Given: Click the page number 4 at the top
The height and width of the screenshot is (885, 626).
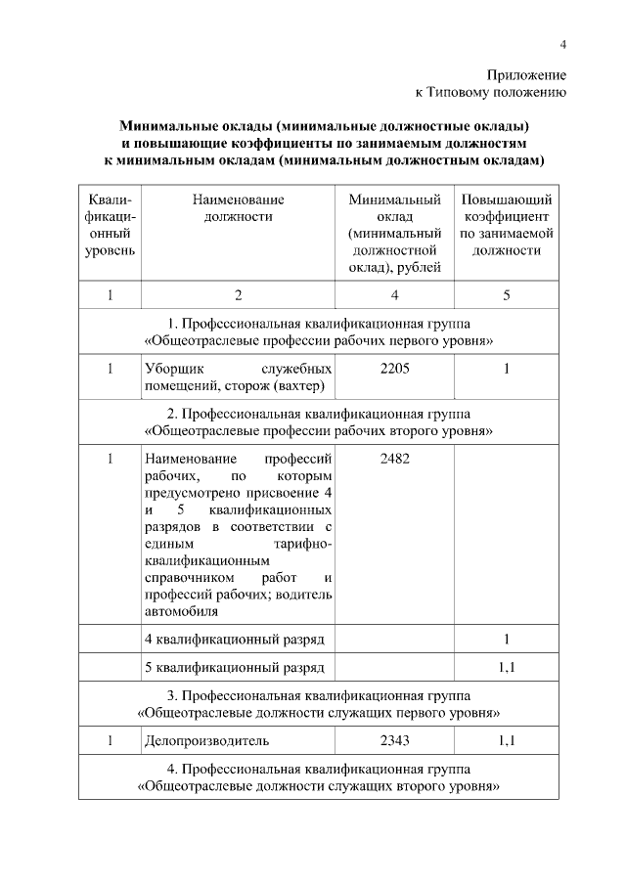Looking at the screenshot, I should pyautogui.click(x=562, y=43).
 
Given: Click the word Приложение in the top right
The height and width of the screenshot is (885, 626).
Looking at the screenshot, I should pyautogui.click(x=526, y=75).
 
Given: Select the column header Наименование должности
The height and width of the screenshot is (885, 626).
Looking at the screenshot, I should pyautogui.click(x=238, y=208).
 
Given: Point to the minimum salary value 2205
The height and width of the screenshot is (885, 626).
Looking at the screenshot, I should pyautogui.click(x=394, y=369).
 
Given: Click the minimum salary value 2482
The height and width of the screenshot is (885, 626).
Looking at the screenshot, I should pyautogui.click(x=394, y=459).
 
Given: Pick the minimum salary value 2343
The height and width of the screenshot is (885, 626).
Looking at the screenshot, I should pyautogui.click(x=394, y=741).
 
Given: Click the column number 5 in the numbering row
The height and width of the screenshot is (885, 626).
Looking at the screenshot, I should pyautogui.click(x=507, y=294).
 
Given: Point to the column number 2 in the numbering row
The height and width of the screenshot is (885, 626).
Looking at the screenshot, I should pyautogui.click(x=238, y=294).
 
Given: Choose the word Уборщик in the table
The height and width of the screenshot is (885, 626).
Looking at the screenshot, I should pyautogui.click(x=174, y=369).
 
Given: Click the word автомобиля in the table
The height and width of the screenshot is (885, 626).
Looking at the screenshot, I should pyautogui.click(x=180, y=612).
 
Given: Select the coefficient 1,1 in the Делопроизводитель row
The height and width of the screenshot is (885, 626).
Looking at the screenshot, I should pyautogui.click(x=507, y=741).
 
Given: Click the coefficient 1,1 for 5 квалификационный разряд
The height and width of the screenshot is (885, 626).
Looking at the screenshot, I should pyautogui.click(x=507, y=667).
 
